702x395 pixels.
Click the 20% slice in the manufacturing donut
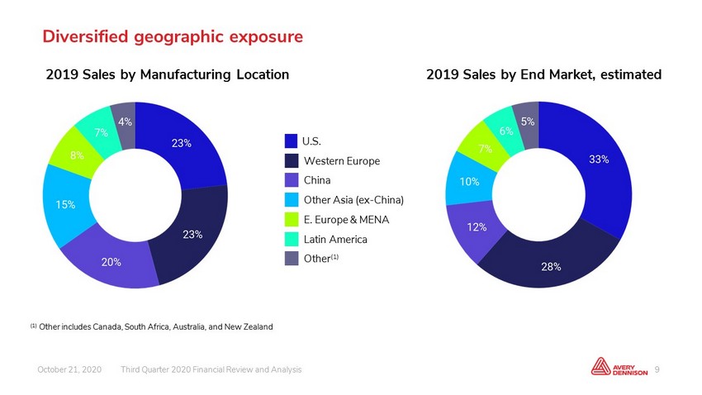pos(111,261)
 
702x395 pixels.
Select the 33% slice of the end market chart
pos(599,159)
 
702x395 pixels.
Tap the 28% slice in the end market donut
pos(551,266)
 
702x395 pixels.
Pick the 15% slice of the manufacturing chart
pos(65,205)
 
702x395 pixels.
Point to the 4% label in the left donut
pos(125,121)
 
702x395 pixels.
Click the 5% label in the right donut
pos(528,121)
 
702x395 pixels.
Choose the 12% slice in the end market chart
pos(477,227)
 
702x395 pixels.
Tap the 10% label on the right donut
pos(469,181)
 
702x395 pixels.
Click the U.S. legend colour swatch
pos(291,141)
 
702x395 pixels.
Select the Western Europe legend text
pos(342,161)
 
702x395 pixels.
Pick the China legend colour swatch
pos(291,180)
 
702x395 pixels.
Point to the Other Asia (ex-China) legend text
pos(353,200)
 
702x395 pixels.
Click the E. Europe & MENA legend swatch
pos(291,220)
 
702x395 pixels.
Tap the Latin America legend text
pos(335,239)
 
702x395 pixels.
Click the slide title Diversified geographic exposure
pos(173,36)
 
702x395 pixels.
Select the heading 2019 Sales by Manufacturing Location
pos(168,74)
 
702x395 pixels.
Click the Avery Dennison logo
pos(619,366)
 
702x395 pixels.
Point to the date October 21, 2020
pos(69,369)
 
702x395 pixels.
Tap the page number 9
pos(657,369)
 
